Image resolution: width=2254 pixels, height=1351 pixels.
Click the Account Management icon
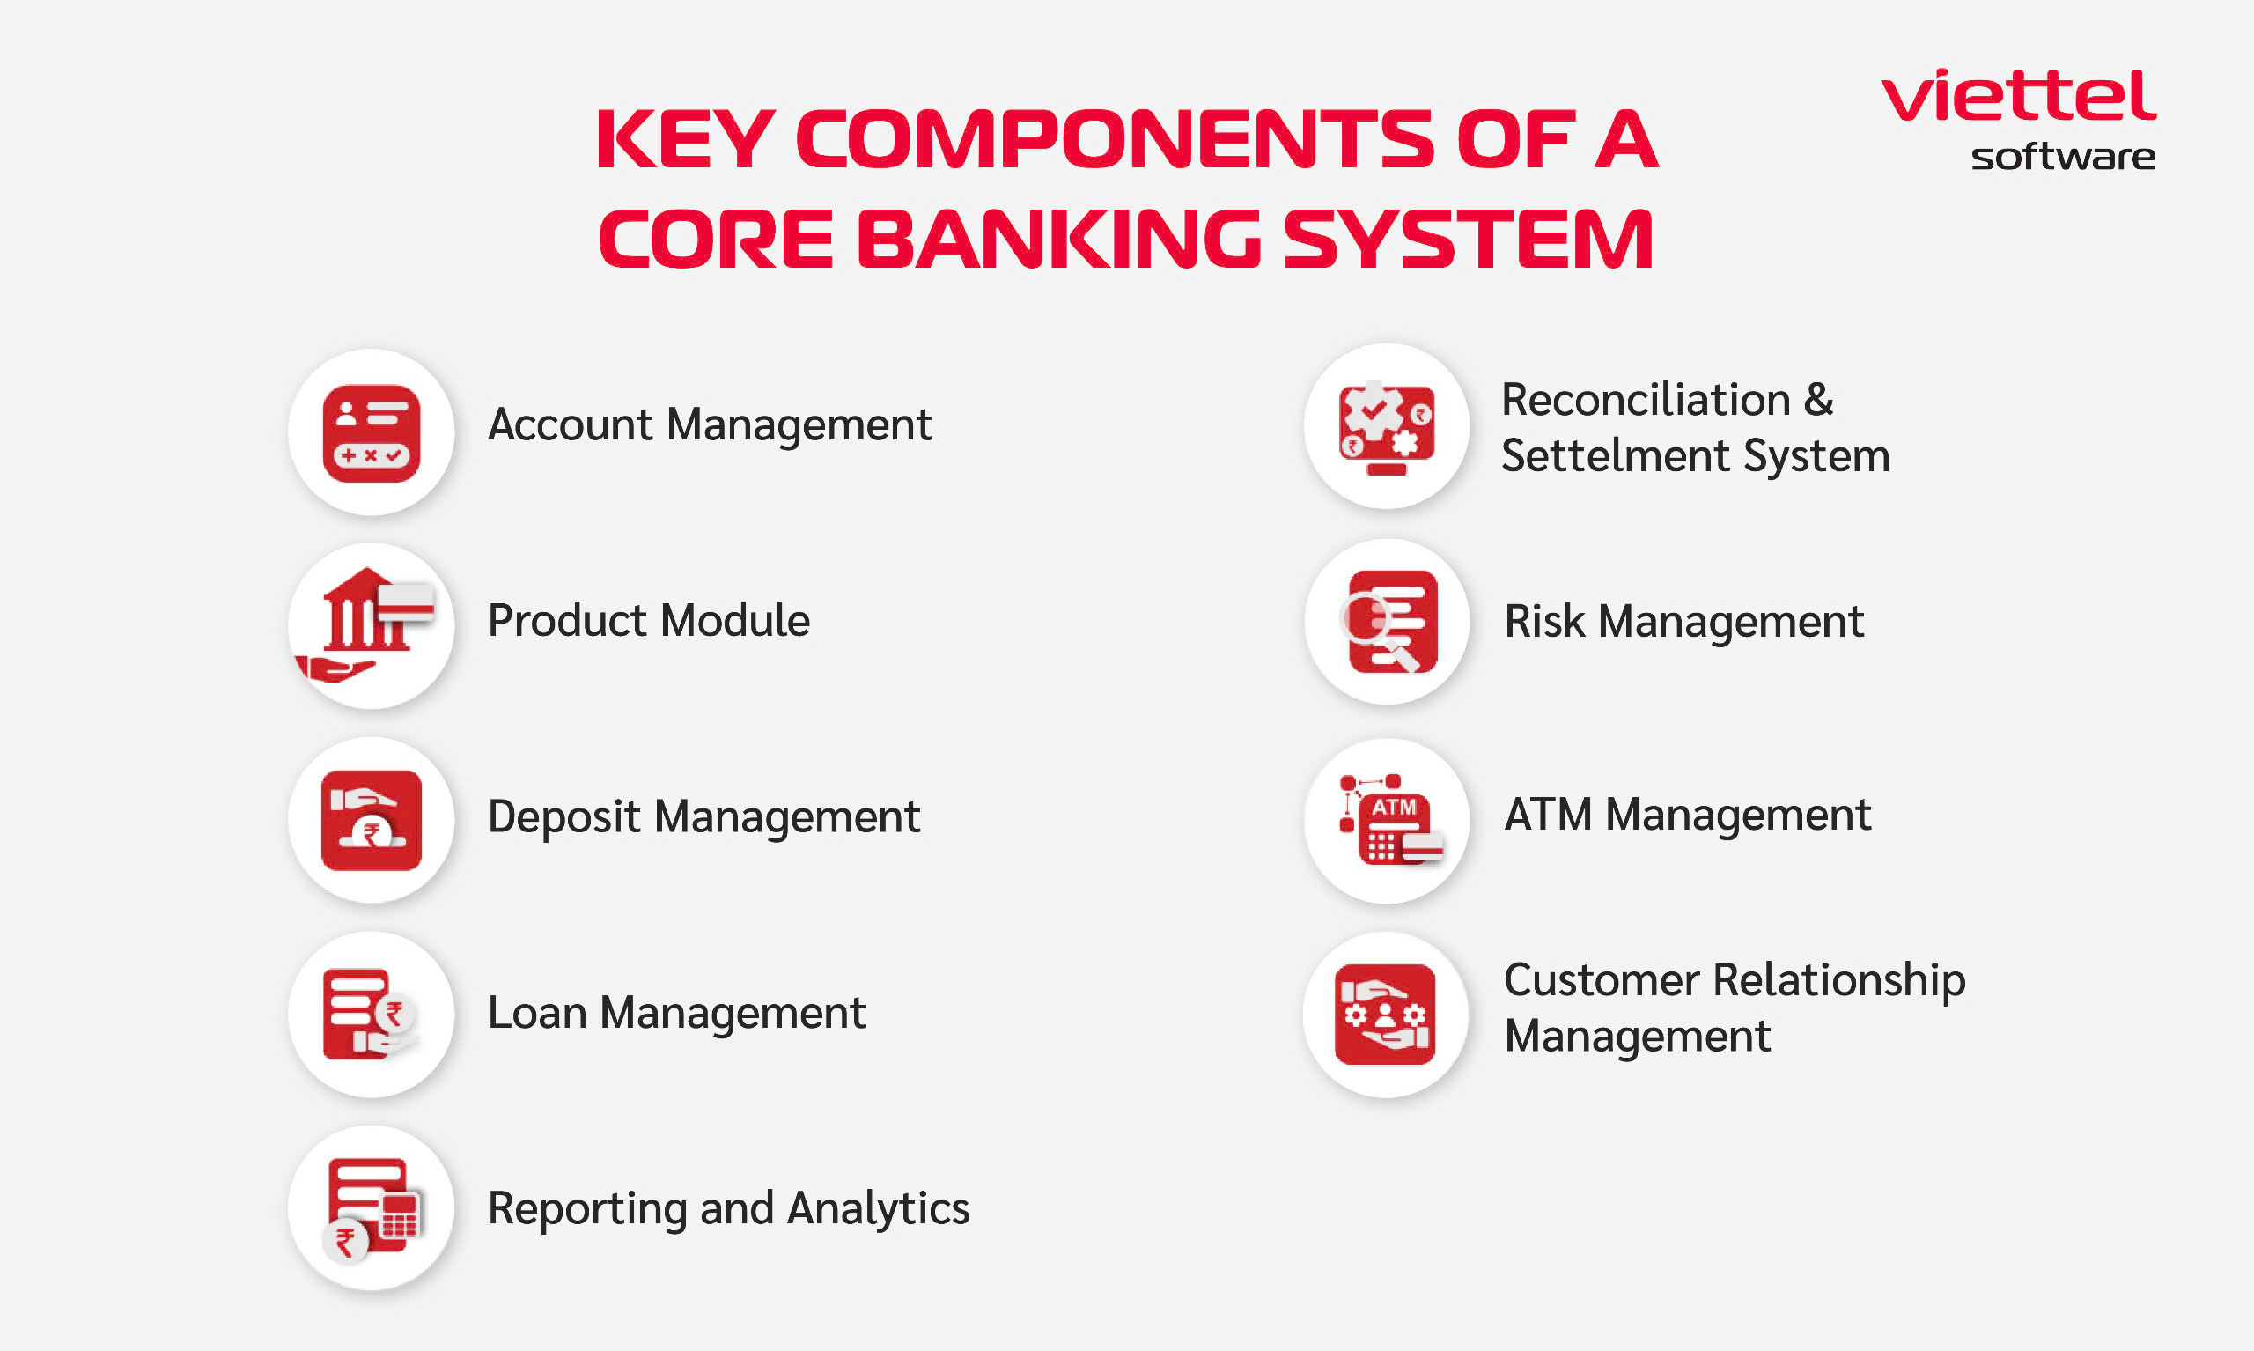pyautogui.click(x=372, y=433)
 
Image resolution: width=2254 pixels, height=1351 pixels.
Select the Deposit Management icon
pyautogui.click(x=372, y=820)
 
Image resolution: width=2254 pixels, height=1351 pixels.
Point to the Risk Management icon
pyautogui.click(x=1388, y=622)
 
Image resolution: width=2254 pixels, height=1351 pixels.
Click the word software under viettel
pyautogui.click(x=2063, y=157)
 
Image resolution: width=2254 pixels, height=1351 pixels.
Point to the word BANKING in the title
pyautogui.click(x=1059, y=239)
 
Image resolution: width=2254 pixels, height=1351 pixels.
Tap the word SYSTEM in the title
pyautogui.click(x=1468, y=239)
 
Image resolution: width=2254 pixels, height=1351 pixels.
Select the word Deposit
pyautogui.click(x=564, y=817)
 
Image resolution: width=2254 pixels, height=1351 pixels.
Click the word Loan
pyautogui.click(x=537, y=1012)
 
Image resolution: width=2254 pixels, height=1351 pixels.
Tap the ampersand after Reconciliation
pyautogui.click(x=1818, y=400)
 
